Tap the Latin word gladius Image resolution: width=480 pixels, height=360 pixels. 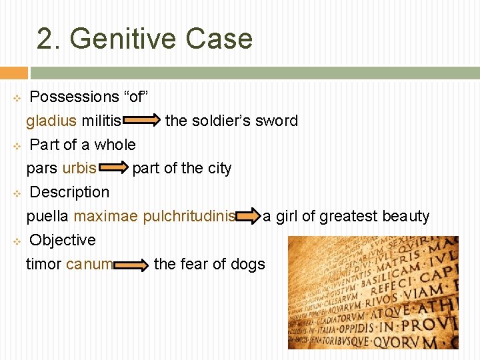click(51, 121)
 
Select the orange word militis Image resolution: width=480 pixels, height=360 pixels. click(101, 121)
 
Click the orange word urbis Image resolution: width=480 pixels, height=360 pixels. click(79, 168)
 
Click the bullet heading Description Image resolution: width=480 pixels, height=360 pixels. click(69, 192)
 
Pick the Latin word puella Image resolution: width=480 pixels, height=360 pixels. click(47, 216)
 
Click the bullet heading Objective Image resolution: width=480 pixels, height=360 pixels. click(63, 240)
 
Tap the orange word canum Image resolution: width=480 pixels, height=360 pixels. click(89, 264)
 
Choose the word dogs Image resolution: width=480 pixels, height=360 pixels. click(248, 264)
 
